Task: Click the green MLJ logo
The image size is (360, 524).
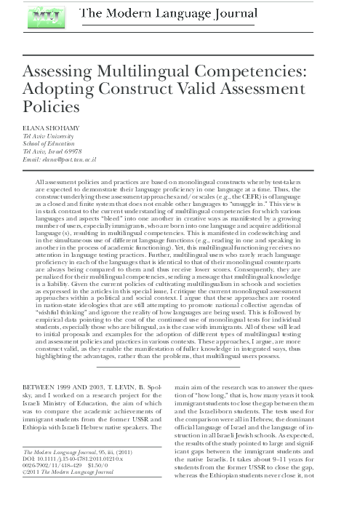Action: pyautogui.click(x=42, y=16)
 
